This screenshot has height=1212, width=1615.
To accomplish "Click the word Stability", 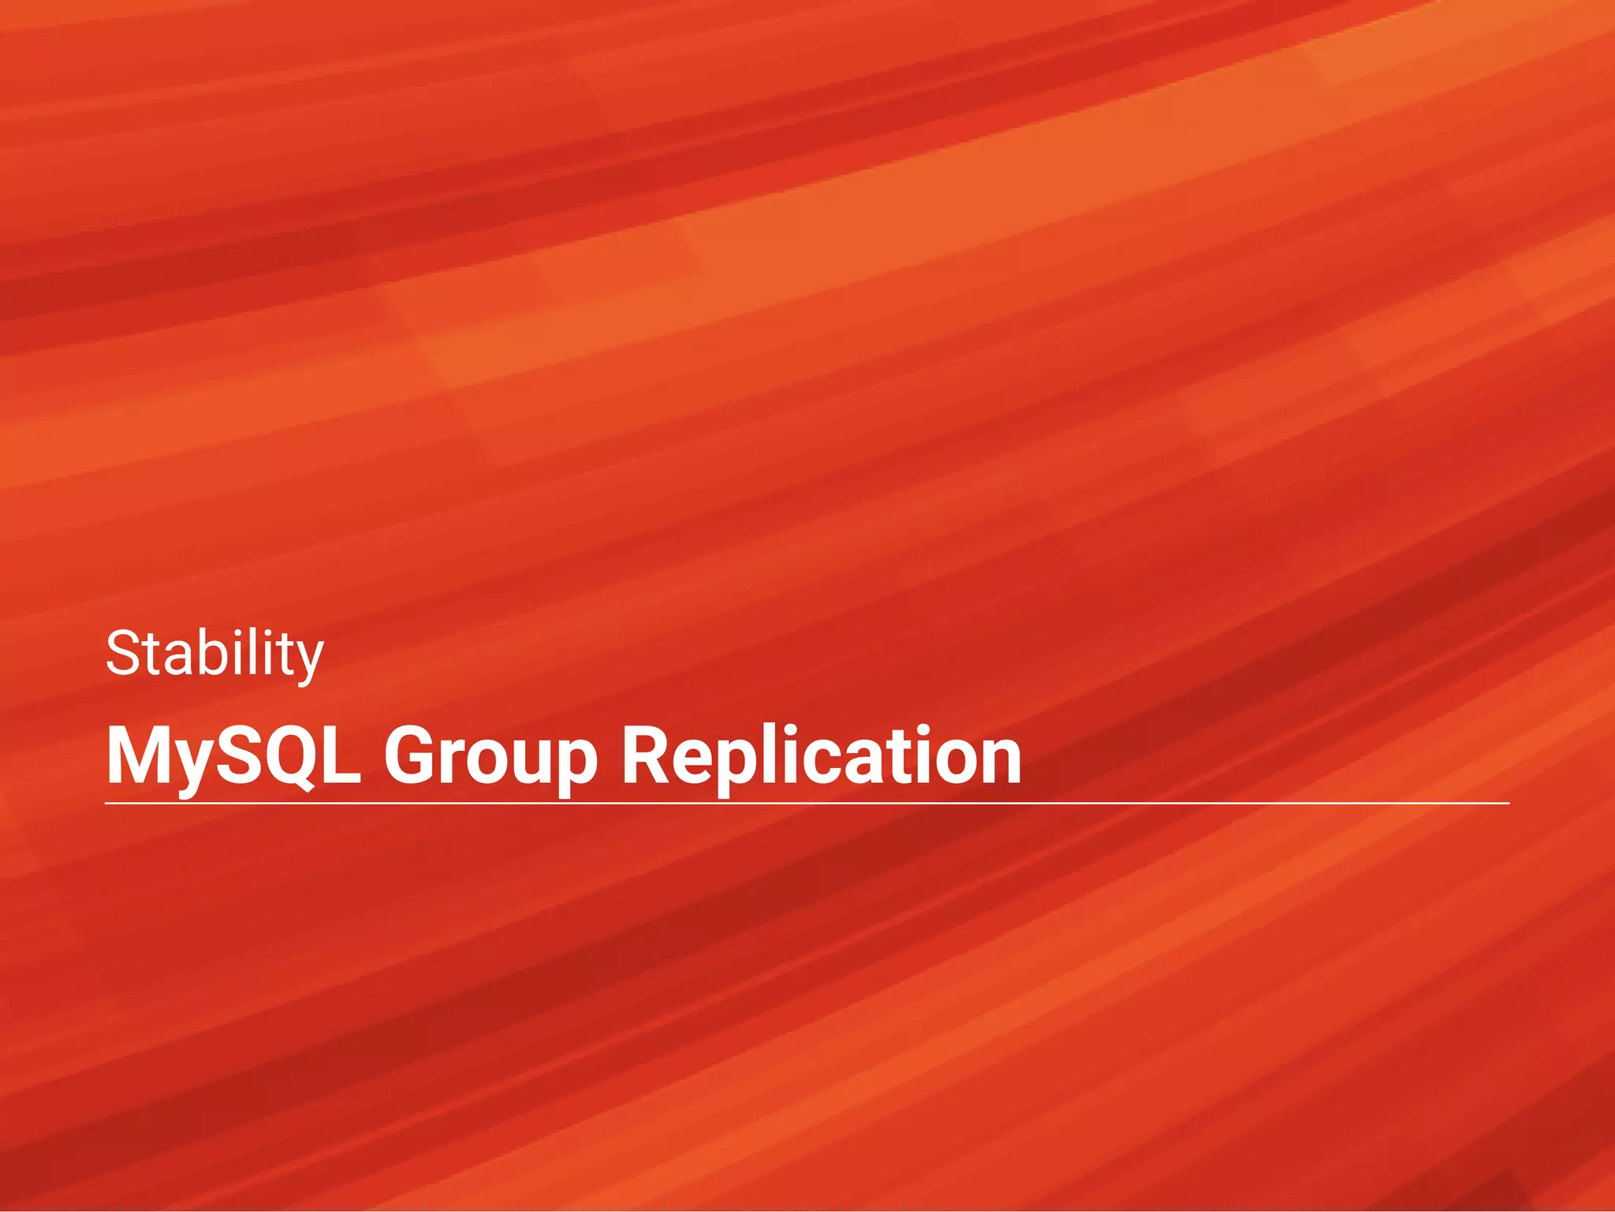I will pos(214,654).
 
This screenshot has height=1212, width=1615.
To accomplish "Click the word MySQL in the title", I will pos(233,757).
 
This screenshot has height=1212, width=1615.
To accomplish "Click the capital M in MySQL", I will pos(135,755).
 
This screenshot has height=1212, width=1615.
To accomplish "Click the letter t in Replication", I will pos(898,757).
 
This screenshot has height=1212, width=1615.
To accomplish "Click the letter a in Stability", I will pos(174,659).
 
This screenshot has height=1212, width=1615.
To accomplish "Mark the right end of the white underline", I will pos(1508,803).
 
